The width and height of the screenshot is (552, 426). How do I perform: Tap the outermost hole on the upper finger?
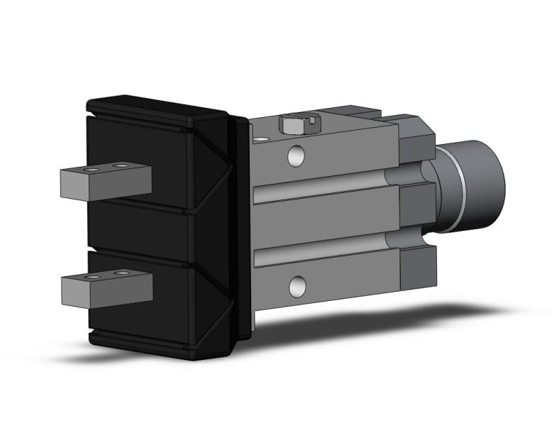coord(88,170)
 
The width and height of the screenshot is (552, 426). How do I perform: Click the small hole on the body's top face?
coord(263,139)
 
